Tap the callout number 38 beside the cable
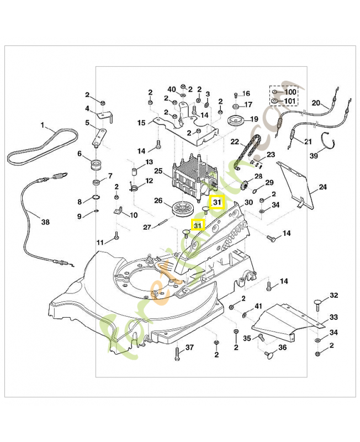point(45,223)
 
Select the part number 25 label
point(158,172)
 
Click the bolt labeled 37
point(177,353)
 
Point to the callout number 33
point(333,317)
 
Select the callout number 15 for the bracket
point(141,123)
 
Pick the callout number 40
point(171,89)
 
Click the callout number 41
point(258,306)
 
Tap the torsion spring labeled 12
point(133,187)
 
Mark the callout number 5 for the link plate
point(87,122)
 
